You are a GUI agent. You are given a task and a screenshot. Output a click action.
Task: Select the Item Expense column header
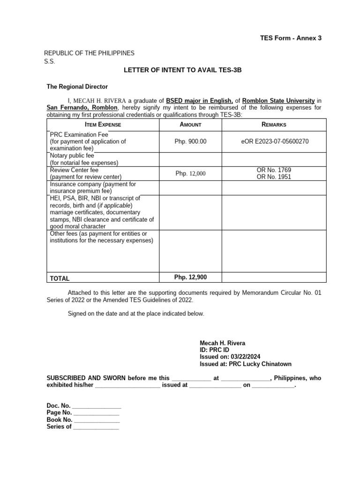point(103,125)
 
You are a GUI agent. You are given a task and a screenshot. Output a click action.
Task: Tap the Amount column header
point(190,125)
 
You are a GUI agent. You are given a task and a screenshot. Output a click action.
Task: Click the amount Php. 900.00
point(190,141)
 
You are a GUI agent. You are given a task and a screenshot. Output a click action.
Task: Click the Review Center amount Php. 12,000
point(190,173)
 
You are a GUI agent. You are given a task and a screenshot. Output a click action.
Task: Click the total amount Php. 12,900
point(190,277)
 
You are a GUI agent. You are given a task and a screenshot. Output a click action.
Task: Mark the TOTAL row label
point(60,278)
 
